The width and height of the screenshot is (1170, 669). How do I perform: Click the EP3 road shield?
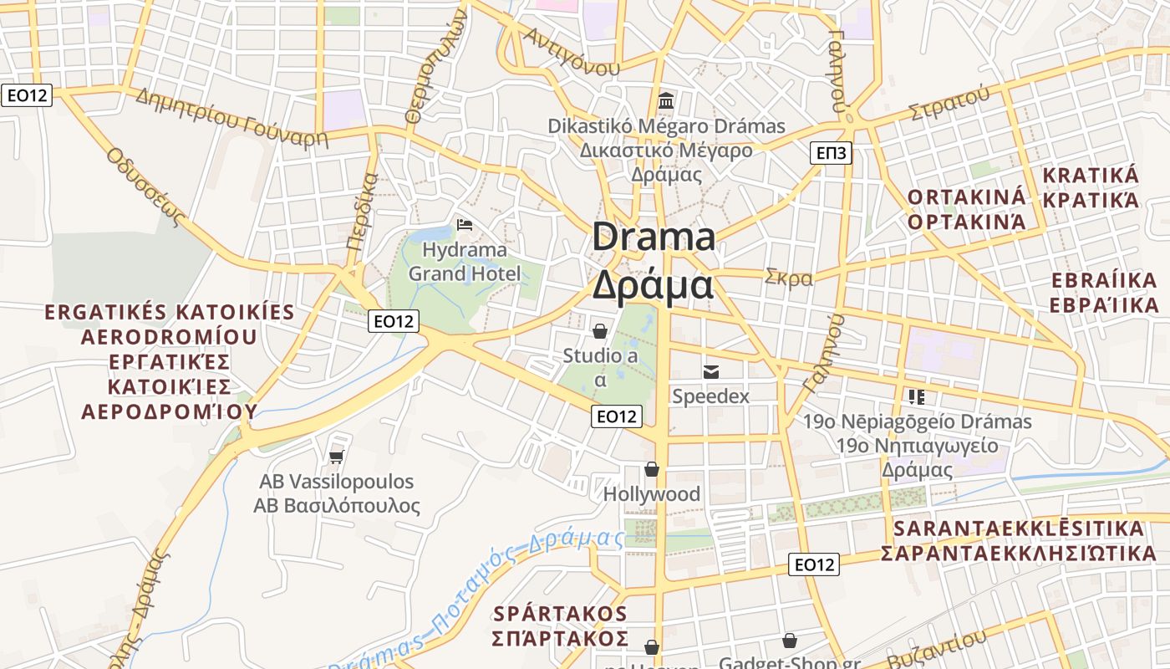[831, 152]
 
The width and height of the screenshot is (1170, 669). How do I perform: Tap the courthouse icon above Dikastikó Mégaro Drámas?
[666, 101]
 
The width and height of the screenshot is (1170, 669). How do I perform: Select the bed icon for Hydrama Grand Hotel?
[465, 225]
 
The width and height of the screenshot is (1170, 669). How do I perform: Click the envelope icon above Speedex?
[711, 371]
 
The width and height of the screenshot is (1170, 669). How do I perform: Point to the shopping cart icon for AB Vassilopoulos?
[336, 456]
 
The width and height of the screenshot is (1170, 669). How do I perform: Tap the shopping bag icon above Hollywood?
[651, 469]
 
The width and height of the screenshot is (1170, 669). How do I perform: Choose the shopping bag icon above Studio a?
[599, 331]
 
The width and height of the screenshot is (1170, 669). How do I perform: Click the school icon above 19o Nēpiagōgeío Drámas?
[917, 396]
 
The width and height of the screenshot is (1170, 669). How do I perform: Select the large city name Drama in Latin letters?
[654, 237]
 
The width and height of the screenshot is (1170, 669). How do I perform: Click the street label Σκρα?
[789, 278]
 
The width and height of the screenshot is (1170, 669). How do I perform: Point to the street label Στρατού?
[949, 104]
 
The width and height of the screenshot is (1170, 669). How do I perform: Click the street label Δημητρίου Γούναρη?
[231, 117]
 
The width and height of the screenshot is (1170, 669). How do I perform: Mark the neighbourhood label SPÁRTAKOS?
[560, 613]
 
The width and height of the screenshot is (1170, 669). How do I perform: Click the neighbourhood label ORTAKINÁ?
[966, 197]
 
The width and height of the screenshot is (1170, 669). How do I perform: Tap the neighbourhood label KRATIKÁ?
[1090, 176]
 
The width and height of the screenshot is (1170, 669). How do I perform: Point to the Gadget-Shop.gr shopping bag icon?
[789, 641]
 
